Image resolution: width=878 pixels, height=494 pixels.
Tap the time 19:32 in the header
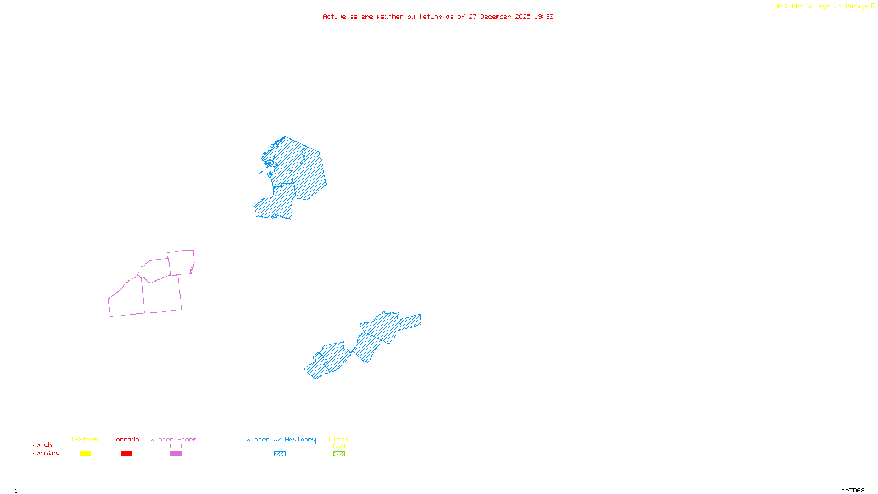(x=544, y=16)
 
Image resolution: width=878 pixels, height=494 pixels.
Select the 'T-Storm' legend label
(x=85, y=439)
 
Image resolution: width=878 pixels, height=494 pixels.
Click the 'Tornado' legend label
(x=126, y=439)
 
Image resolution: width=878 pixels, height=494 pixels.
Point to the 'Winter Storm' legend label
(x=173, y=439)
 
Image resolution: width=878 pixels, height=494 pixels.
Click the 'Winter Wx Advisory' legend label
(x=281, y=439)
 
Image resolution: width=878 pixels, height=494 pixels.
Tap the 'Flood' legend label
(x=339, y=439)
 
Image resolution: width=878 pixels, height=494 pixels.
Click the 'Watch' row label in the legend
(x=42, y=445)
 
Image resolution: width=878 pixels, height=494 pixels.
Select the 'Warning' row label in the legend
(x=46, y=453)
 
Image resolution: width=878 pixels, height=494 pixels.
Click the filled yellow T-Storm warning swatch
(x=85, y=454)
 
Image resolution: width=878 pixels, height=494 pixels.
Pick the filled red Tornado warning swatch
(x=127, y=454)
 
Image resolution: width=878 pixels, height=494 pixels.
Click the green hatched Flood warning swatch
(x=339, y=454)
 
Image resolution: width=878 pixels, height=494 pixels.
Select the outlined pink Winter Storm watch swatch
(x=176, y=446)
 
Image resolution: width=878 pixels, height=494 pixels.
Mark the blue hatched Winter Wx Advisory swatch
(x=280, y=454)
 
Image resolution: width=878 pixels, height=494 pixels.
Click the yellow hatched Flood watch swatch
(x=339, y=446)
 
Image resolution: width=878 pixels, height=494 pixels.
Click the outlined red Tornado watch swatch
(x=127, y=446)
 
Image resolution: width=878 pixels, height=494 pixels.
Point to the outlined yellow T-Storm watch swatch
(x=85, y=446)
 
